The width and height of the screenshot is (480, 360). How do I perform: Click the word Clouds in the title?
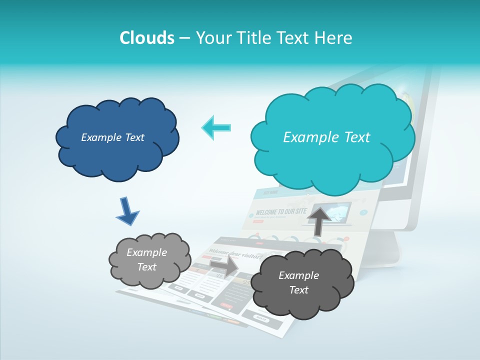click(x=146, y=38)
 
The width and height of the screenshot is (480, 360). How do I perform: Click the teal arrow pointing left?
click(x=216, y=127)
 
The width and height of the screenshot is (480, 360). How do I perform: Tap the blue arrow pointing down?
click(x=127, y=211)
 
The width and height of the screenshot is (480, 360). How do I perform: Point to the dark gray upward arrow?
click(x=319, y=220)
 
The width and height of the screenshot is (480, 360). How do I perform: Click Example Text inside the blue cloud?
click(x=112, y=137)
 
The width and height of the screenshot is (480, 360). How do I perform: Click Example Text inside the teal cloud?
click(x=326, y=137)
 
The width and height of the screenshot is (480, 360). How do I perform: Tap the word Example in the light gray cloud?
click(x=146, y=252)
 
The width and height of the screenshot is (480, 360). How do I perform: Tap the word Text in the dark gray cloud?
click(x=298, y=290)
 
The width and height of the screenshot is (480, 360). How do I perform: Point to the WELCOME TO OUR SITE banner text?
click(x=280, y=212)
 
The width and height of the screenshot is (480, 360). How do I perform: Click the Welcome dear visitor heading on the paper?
click(x=235, y=254)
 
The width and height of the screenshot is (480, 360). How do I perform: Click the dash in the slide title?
click(x=184, y=38)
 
